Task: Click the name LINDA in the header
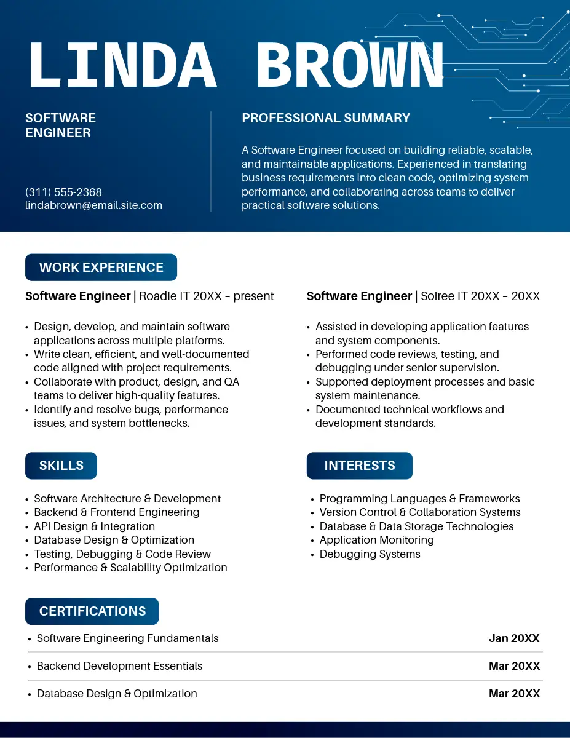tap(122, 65)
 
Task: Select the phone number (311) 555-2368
tap(64, 192)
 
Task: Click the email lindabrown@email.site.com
tap(93, 205)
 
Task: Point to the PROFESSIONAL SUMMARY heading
tap(326, 118)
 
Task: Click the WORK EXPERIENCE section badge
tap(101, 268)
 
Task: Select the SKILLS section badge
tap(61, 466)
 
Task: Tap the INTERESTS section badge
tap(359, 466)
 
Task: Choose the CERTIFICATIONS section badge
tap(92, 611)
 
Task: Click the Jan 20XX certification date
tap(514, 638)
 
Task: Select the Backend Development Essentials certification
tap(119, 666)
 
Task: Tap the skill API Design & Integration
tap(94, 526)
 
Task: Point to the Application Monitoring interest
tap(376, 540)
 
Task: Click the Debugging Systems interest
tap(370, 554)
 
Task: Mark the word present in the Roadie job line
tap(253, 296)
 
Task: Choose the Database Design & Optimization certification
tap(117, 694)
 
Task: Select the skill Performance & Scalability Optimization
tap(130, 568)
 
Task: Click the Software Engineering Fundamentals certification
tap(127, 638)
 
